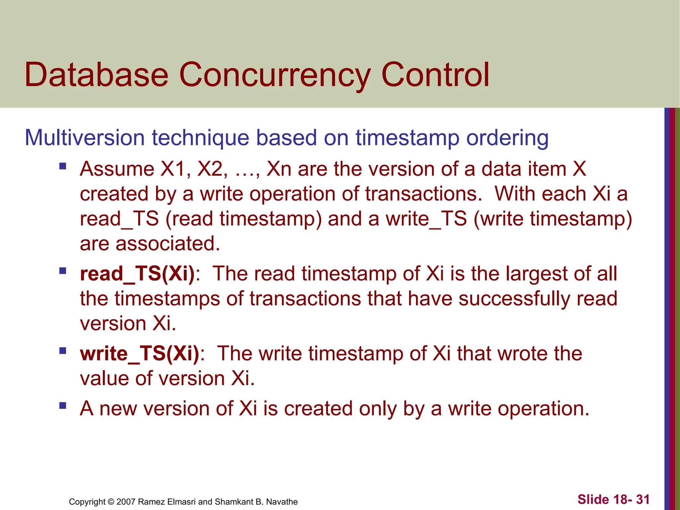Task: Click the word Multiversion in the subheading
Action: click(x=85, y=137)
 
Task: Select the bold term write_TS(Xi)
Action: click(x=140, y=354)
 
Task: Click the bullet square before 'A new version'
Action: click(x=62, y=405)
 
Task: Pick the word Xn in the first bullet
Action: click(x=279, y=169)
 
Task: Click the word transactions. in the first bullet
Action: click(x=424, y=194)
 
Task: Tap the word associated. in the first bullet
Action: click(x=168, y=244)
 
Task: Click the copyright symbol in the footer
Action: click(x=111, y=502)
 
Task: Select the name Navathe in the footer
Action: click(x=282, y=502)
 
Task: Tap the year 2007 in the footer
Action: click(x=126, y=502)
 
